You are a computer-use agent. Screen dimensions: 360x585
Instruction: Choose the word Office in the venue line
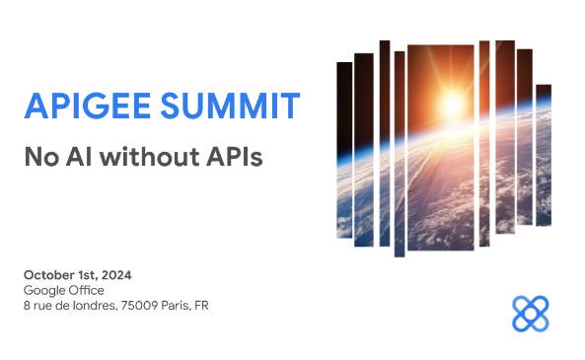(x=87, y=290)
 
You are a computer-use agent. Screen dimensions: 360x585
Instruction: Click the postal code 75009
(x=140, y=306)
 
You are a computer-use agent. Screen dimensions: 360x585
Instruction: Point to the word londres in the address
(x=92, y=306)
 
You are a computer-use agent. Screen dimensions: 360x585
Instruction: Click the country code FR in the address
(x=202, y=306)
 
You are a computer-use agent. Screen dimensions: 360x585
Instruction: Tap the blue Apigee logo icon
(x=531, y=313)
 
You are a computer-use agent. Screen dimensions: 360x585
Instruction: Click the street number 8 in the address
(x=27, y=306)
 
